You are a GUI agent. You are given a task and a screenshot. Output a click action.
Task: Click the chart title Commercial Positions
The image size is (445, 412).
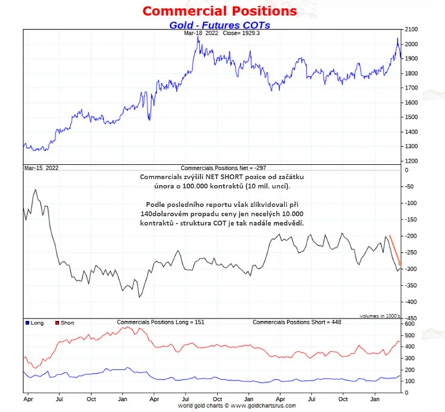tap(219, 11)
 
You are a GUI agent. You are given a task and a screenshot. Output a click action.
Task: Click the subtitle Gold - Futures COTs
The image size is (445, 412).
tap(219, 25)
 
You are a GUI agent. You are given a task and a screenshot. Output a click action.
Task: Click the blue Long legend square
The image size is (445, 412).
tap(26, 323)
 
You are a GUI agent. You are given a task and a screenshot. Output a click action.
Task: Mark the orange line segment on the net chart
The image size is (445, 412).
tap(395, 252)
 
